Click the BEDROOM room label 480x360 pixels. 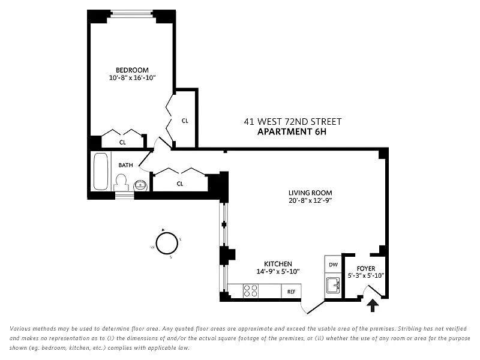132,70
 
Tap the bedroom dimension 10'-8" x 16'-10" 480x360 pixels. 132,78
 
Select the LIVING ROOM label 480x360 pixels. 310,193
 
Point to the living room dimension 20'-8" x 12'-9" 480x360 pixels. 310,200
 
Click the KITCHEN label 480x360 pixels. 278,264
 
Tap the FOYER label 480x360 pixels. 366,268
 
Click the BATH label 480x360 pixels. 126,165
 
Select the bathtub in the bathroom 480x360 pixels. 101,172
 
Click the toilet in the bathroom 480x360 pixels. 121,183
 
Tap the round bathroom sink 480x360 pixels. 140,185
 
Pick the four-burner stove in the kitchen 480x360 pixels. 250,290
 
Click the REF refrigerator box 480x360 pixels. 291,291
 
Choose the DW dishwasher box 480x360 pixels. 333,265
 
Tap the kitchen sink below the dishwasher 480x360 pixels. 333,285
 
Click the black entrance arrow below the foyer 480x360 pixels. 373,305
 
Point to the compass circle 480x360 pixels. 167,244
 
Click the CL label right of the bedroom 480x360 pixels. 185,121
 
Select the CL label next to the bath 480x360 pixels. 180,184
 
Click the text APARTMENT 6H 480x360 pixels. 292,131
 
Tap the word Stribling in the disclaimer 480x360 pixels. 411,328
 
